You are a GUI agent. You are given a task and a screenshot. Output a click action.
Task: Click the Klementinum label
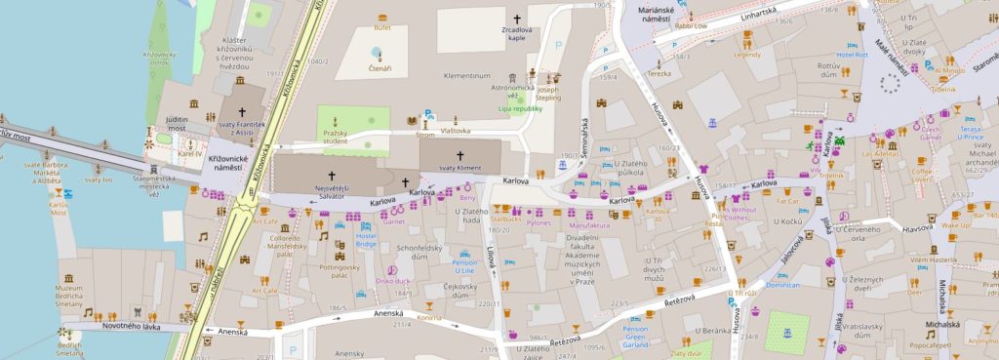click(464, 75)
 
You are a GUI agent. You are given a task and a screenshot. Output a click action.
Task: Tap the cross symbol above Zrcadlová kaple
click(518, 19)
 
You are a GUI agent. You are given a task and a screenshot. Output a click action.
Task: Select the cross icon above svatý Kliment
click(460, 155)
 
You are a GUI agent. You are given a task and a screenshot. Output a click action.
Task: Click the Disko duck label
click(392, 281)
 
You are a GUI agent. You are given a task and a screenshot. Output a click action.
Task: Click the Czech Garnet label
click(932, 134)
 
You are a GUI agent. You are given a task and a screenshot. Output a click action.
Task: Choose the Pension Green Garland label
click(636, 337)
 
